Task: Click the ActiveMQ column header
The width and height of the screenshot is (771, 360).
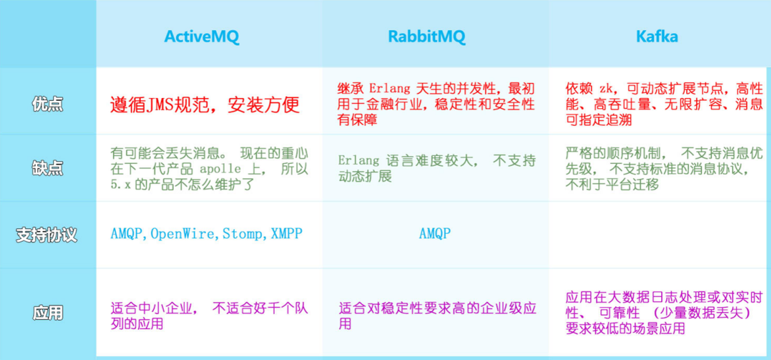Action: pos(201,37)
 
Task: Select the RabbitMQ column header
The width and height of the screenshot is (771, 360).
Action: pos(427,37)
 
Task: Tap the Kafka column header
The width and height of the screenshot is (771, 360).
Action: pos(657,36)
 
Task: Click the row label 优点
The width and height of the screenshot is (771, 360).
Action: pos(48,104)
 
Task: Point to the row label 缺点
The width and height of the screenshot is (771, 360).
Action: pos(48,168)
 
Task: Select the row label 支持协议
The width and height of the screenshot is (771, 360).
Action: pos(47,234)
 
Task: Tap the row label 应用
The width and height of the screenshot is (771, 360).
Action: pos(48,313)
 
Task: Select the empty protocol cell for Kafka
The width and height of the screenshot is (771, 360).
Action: pos(659,234)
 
